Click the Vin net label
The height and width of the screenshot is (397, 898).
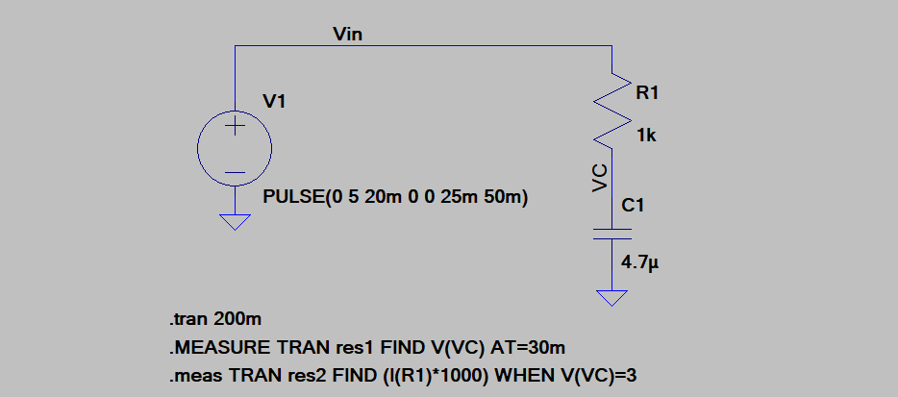point(347,35)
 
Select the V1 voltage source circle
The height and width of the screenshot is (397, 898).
point(235,150)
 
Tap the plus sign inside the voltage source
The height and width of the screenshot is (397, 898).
point(235,127)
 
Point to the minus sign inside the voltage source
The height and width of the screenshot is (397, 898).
point(235,174)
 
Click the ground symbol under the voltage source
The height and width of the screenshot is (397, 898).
point(235,221)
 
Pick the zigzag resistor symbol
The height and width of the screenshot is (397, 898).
point(611,108)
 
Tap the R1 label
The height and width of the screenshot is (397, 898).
point(647,92)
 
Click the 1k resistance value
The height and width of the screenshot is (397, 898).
point(646,136)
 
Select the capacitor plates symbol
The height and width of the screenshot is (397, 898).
point(611,235)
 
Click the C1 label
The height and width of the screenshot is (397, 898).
point(634,206)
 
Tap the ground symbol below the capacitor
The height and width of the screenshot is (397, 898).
point(611,297)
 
